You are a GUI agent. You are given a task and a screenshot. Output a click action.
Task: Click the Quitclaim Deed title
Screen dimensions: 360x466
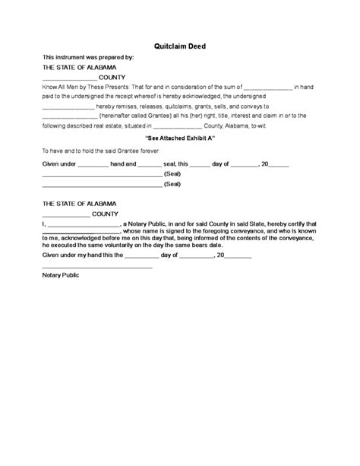[180, 46]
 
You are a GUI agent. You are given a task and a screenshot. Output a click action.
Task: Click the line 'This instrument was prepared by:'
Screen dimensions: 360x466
[87, 57]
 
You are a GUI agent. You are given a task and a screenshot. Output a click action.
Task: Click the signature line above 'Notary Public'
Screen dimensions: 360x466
[97, 266]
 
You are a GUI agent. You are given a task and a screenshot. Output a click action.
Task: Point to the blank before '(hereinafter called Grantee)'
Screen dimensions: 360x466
[69, 116]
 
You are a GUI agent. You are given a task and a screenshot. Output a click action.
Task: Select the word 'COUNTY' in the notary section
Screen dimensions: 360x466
[105, 214]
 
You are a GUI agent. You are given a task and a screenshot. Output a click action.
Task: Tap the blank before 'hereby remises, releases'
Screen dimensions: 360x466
[69, 107]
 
